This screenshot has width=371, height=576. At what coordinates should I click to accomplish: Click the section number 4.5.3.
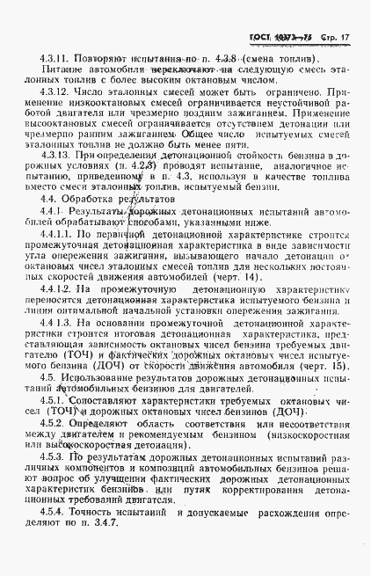click(54, 457)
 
